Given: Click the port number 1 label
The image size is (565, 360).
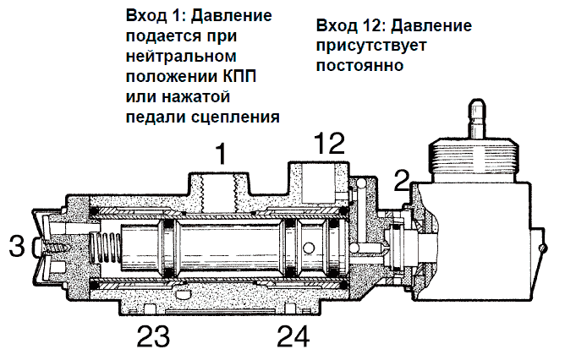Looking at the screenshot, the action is (222, 154).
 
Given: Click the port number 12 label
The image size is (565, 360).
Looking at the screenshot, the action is (329, 143).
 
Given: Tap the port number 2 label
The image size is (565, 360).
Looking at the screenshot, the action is (402, 181).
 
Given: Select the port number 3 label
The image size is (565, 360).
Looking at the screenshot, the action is (17, 246).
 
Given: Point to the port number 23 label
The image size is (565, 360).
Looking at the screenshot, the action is (153, 336).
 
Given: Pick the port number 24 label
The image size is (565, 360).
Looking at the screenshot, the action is (293, 336).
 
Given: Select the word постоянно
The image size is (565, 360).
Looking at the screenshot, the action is (359, 66).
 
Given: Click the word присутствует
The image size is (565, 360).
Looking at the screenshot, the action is (371, 46).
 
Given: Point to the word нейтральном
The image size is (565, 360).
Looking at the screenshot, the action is (181, 57).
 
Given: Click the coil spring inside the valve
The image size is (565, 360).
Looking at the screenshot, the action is (105, 248).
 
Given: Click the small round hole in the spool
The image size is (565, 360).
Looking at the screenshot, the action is (309, 248).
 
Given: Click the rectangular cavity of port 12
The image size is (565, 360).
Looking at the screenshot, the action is (317, 183).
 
